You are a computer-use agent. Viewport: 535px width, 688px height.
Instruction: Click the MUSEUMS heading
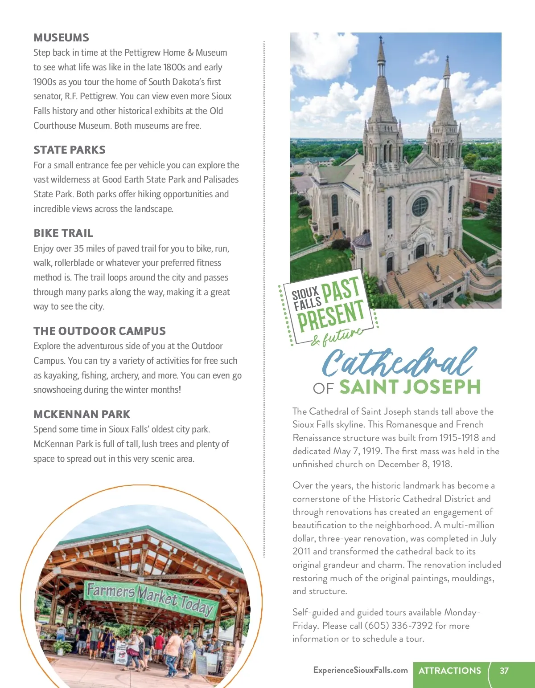click(x=61, y=38)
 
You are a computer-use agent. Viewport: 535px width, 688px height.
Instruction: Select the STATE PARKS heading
click(x=70, y=150)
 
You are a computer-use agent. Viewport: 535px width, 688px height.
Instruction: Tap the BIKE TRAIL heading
click(x=63, y=233)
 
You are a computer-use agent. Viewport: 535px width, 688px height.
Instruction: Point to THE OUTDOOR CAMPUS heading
click(x=99, y=331)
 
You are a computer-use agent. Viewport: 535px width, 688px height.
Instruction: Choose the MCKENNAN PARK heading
click(x=82, y=415)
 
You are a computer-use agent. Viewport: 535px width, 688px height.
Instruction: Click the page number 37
click(x=504, y=671)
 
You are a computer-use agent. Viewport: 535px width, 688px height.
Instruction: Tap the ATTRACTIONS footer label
click(x=450, y=671)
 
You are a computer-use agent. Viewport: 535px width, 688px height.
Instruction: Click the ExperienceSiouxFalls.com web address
click(x=360, y=670)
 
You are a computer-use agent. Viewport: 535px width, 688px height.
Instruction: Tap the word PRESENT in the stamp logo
click(x=331, y=315)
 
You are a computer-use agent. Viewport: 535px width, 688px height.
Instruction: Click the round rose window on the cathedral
click(x=420, y=207)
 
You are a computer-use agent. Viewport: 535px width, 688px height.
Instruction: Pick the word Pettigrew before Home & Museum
click(x=142, y=53)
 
